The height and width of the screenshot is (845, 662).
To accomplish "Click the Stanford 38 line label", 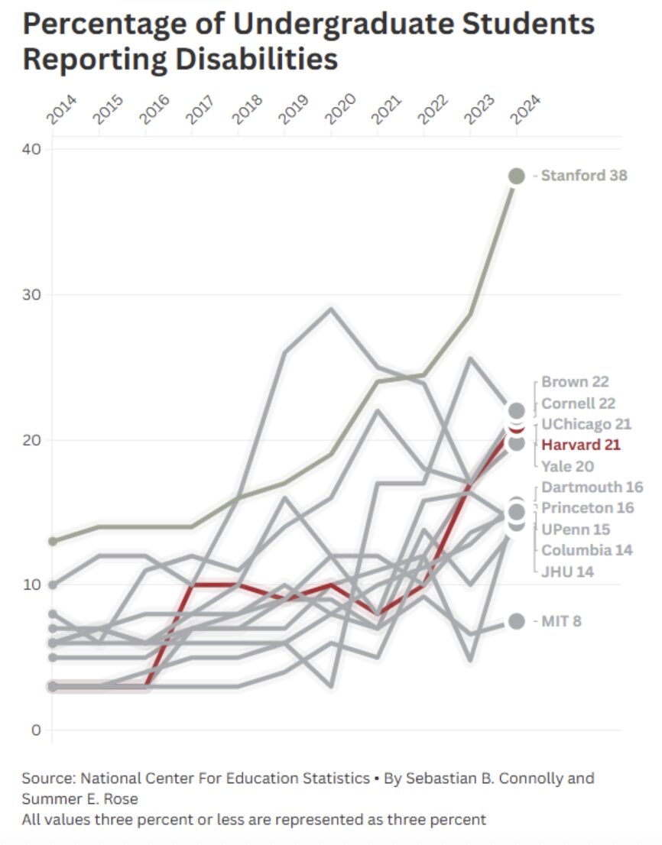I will pyautogui.click(x=583, y=176).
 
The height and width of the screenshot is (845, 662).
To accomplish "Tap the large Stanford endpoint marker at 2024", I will pyautogui.click(x=517, y=176).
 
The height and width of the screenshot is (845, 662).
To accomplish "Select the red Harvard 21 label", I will pyautogui.click(x=581, y=445).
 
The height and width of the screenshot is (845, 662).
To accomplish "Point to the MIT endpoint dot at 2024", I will pyautogui.click(x=517, y=621).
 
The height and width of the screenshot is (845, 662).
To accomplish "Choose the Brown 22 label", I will pyautogui.click(x=575, y=382).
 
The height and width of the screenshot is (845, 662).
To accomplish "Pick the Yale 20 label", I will pyautogui.click(x=568, y=466).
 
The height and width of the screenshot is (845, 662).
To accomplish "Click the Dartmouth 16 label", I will pyautogui.click(x=592, y=487).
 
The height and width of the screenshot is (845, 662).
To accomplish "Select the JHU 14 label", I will pyautogui.click(x=567, y=571).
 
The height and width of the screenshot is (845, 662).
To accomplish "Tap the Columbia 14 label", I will pyautogui.click(x=586, y=550).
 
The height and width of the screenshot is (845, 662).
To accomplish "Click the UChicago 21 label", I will pyautogui.click(x=586, y=424).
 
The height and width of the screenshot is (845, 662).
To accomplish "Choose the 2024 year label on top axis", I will pyautogui.click(x=523, y=109).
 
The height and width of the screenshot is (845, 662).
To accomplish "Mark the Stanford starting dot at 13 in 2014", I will pyautogui.click(x=52, y=541).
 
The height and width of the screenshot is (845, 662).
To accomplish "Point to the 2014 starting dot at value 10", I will pyautogui.click(x=52, y=584).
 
